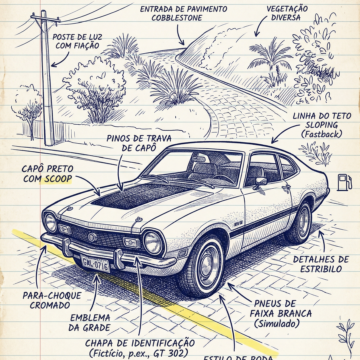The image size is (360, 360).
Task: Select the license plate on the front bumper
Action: (95, 263)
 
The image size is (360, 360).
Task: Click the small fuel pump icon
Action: (344, 183)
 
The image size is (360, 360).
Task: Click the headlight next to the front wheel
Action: (152, 241)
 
